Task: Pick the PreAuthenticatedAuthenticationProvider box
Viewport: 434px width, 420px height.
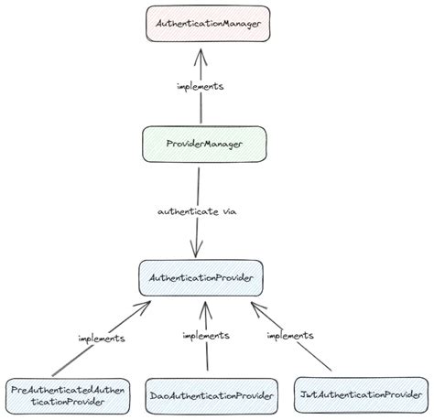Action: pyautogui.click(x=60, y=394)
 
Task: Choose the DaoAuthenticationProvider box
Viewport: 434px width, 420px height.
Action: pyautogui.click(x=211, y=395)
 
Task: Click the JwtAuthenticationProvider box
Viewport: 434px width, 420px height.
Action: pyautogui.click(x=361, y=394)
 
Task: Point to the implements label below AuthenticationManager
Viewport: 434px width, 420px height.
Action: pyautogui.click(x=200, y=86)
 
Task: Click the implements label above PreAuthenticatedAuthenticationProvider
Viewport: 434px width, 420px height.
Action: pyautogui.click(x=101, y=338)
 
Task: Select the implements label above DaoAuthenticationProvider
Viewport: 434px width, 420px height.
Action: pyautogui.click(x=205, y=336)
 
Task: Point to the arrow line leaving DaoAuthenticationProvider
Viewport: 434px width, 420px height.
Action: pyautogui.click(x=207, y=357)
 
